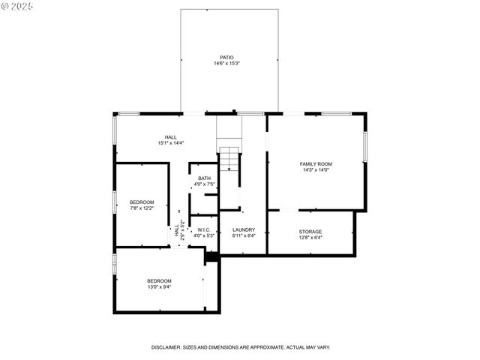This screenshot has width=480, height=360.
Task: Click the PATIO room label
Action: [226, 57]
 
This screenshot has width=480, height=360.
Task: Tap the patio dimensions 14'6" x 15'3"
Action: [226, 64]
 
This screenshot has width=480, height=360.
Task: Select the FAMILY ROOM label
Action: [316, 163]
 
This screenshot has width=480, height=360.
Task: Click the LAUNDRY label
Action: [243, 229]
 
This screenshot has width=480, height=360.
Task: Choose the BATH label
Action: [204, 178]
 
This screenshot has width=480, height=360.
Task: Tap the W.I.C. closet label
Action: [204, 229]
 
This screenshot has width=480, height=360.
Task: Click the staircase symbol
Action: [229, 160]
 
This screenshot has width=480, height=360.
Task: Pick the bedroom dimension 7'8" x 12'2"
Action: [142, 208]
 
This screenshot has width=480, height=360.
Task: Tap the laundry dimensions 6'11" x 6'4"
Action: [243, 236]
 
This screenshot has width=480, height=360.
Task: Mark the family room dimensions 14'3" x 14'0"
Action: [316, 170]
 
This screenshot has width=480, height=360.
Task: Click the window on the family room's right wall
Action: [365, 148]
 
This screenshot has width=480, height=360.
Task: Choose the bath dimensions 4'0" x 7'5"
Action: [204, 184]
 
